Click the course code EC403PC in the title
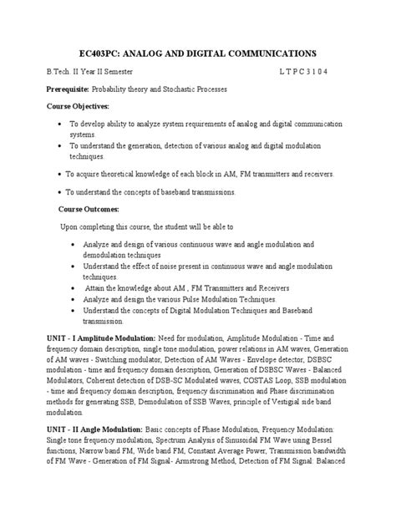[x=102, y=52]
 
